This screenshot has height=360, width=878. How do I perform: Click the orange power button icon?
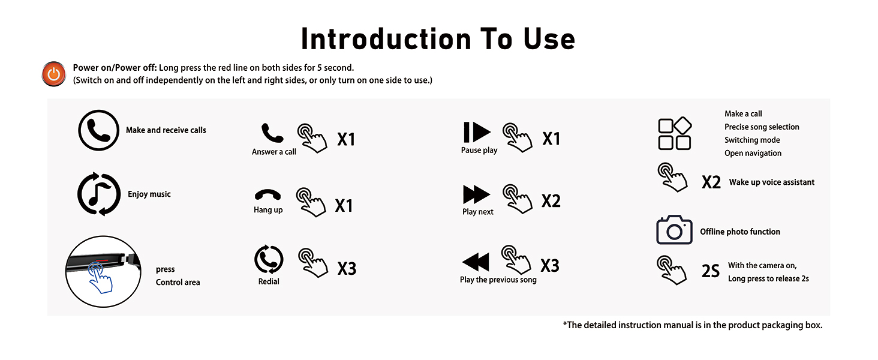pos(54,74)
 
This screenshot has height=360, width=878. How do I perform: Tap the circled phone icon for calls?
pos(98,130)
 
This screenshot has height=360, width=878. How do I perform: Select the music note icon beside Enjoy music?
pos(99,194)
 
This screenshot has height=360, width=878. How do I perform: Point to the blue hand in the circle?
pos(100,277)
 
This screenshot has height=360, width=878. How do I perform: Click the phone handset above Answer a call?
pos(272,133)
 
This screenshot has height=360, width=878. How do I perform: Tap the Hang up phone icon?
pos(267,195)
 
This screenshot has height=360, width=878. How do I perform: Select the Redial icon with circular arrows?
pos(269,260)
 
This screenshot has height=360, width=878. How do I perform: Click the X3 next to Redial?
pos(347,268)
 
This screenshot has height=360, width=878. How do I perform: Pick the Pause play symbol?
pos(477,132)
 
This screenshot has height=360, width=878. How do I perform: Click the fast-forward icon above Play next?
pos(477,194)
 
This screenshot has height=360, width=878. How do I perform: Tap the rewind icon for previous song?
pos(476,262)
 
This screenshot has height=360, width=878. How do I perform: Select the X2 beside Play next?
pos(551,201)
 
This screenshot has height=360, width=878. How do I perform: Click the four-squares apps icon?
pos(675,133)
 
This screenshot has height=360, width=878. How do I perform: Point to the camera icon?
pos(675,230)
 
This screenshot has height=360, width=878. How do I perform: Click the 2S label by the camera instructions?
pos(711,271)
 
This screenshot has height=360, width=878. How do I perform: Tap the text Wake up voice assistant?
pos(772,182)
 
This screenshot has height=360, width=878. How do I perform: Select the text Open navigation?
pos(753,153)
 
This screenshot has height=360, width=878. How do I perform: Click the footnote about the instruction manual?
pos(693,325)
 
